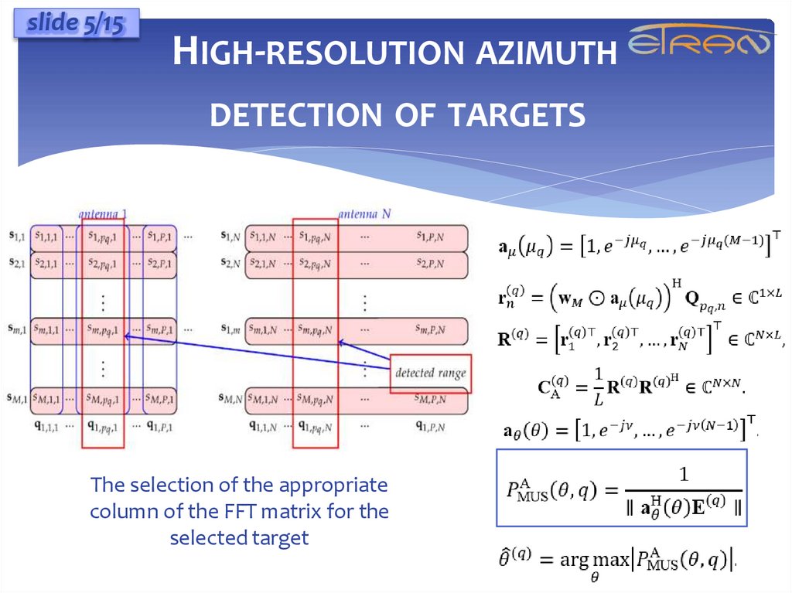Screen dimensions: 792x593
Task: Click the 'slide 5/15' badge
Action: [75, 25]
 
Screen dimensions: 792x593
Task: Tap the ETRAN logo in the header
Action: [701, 43]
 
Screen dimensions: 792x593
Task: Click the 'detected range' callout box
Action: [431, 373]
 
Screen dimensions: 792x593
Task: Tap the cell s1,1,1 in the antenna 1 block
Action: [46, 236]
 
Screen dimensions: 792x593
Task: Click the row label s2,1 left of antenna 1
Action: [16, 263]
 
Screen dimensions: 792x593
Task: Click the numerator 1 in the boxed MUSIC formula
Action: [681, 472]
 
